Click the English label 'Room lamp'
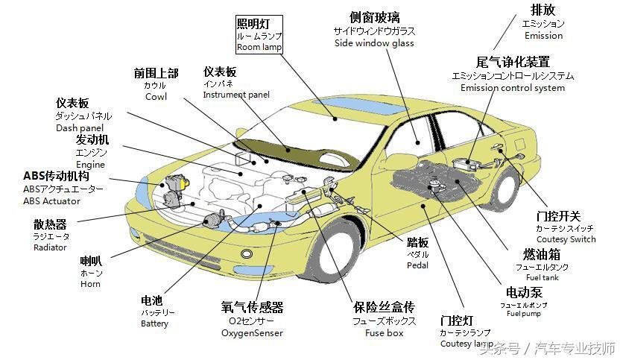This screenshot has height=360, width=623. pos(259,47)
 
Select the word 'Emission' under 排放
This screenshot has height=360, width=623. pos(543,36)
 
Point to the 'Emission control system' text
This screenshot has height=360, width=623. pos(513,88)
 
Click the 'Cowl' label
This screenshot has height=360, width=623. pos(156,97)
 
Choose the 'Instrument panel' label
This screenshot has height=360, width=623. pos(236,95)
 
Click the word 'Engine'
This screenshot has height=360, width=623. pos(90,164)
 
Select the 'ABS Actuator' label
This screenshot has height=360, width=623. pos(51,200)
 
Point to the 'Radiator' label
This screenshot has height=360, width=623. pos(50,247)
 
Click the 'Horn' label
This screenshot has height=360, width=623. pos(90,284)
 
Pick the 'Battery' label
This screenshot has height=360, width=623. pos(154,323)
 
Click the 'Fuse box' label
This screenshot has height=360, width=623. pos(384,333)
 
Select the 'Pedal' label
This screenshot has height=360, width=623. pos(417,265)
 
